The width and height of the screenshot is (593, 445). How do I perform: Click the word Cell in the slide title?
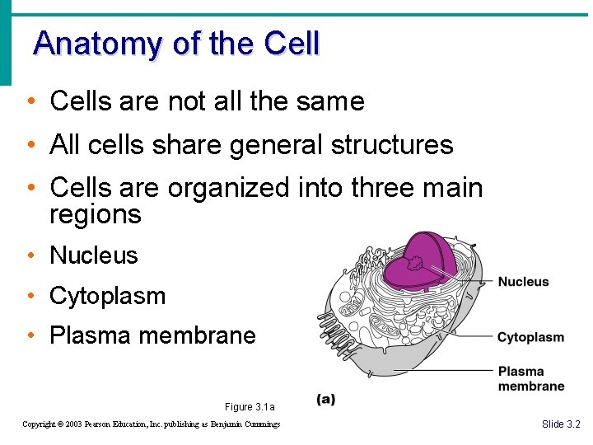292,43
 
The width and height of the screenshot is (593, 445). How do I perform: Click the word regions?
96,215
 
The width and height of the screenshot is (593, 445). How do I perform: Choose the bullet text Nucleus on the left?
94,255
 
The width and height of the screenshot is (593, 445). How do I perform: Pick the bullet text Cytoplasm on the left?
108,296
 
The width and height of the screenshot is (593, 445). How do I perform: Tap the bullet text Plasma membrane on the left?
152,335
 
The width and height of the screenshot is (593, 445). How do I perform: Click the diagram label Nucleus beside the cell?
523,282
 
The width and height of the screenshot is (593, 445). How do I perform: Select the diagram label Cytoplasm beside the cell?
530,337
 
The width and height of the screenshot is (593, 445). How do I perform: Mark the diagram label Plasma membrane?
530,379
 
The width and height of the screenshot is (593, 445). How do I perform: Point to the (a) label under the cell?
326,400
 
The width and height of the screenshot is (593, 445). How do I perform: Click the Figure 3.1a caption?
249,407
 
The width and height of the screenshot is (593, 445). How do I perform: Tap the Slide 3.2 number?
561,424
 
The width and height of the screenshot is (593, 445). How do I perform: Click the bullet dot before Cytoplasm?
30,296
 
